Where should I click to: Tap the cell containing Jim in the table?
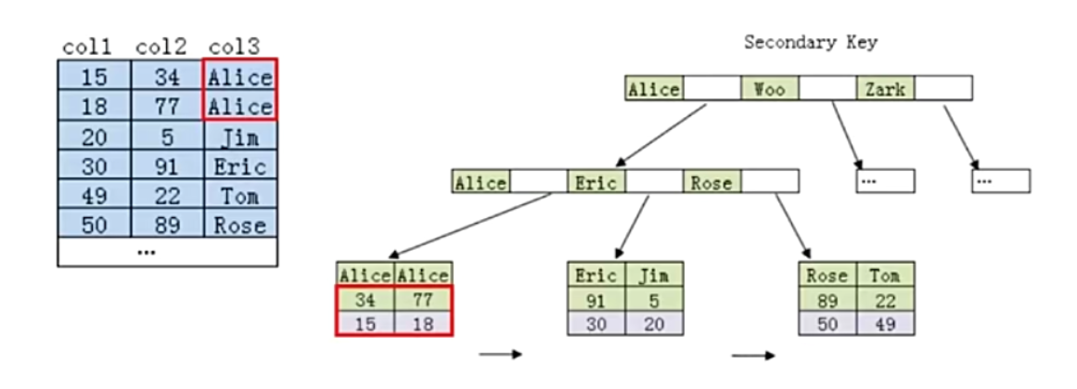[x=240, y=138]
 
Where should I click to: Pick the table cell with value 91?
[x=167, y=167]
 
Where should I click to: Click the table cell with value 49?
[x=94, y=196]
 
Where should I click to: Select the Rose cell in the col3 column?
[x=240, y=225]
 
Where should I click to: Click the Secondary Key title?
[x=811, y=43]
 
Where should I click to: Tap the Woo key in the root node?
[x=769, y=89]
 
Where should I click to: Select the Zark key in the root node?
[x=885, y=89]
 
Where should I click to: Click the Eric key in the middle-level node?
[x=596, y=182]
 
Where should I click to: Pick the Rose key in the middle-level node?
[x=712, y=182]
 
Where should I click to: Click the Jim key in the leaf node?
[x=654, y=276]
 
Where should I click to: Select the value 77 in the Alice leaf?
[x=423, y=299]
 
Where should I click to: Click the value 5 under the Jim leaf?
[x=654, y=299]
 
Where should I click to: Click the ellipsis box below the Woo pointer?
[x=885, y=181]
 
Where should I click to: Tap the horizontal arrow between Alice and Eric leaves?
[x=501, y=355]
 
